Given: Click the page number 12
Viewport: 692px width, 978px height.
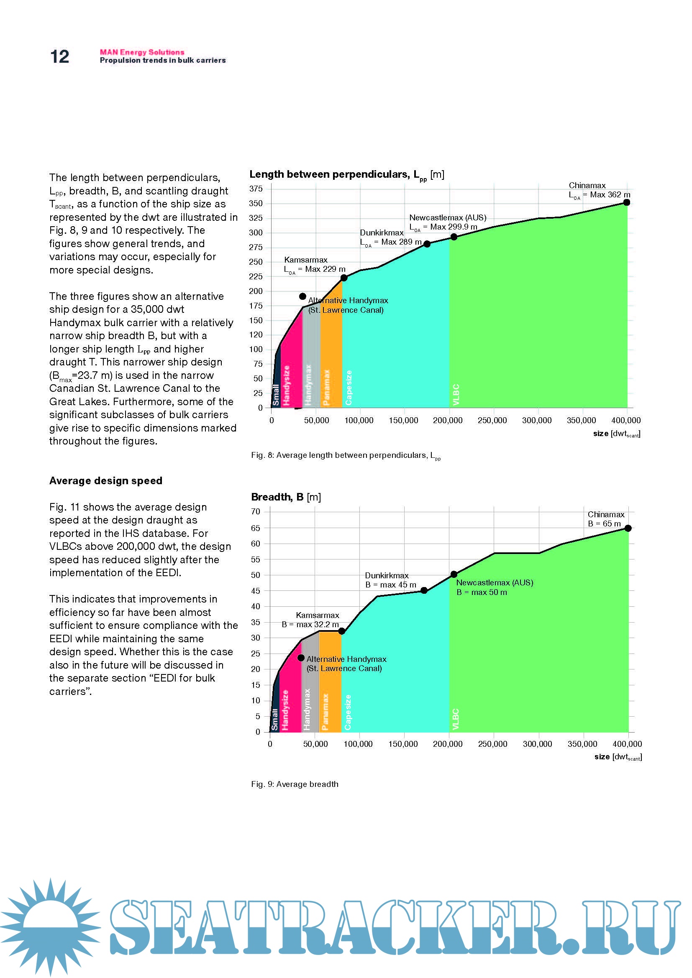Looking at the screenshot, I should [60, 56].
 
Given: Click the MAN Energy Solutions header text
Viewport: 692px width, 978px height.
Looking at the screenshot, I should [142, 52].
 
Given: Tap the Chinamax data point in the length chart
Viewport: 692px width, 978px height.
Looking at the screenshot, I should [626, 202].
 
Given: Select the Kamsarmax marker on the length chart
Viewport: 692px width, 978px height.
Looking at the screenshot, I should [344, 278].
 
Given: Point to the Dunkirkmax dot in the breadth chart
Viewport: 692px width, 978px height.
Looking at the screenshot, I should [424, 590].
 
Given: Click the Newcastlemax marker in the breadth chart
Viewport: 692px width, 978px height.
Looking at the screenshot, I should [454, 574].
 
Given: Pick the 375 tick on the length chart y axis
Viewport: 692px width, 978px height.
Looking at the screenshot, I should [256, 189].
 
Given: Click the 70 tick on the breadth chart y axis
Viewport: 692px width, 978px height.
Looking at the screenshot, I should [256, 511].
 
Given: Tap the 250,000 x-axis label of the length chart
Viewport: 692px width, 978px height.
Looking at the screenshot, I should [492, 420].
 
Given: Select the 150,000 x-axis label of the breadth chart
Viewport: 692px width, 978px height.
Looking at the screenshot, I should [403, 744].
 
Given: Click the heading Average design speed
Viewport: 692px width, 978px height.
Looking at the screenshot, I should [106, 481].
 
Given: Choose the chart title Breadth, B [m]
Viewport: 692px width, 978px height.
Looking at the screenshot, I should [286, 497].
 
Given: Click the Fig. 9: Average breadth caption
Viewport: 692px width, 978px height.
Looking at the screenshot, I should [295, 784].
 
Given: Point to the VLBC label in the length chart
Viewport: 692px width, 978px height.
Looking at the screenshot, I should [456, 394].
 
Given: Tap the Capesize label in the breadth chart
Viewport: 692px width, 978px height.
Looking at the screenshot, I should [348, 712].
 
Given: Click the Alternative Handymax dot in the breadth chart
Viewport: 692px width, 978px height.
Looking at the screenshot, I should [301, 658].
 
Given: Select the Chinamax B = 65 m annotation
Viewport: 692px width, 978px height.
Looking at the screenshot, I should [606, 519].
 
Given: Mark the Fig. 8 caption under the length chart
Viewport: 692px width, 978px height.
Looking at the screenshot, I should [346, 456].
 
